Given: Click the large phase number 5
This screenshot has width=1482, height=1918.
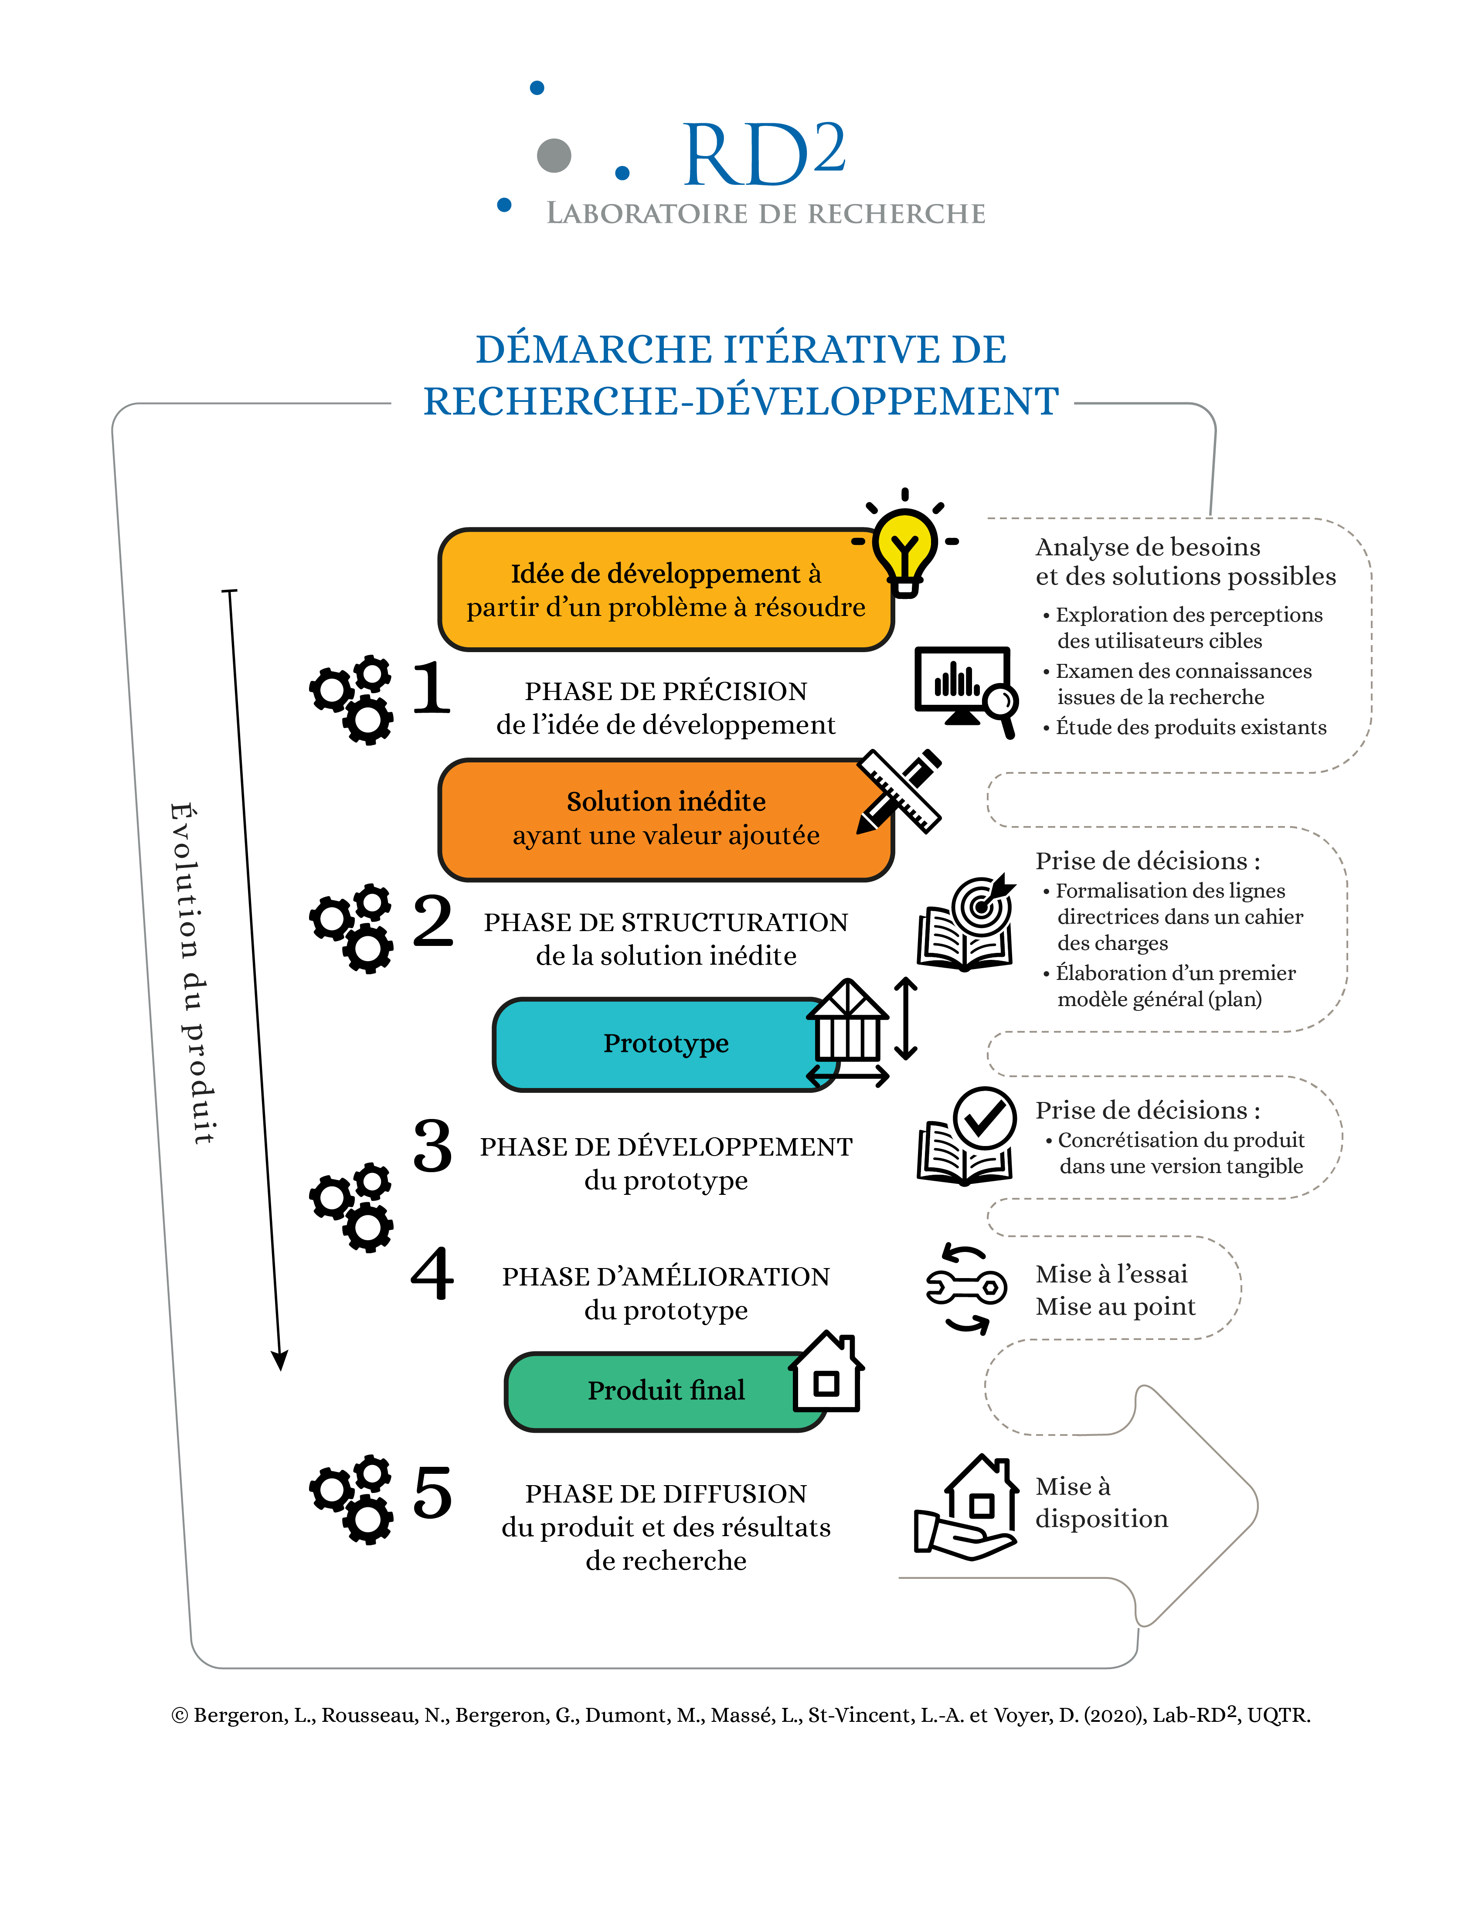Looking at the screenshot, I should pyautogui.click(x=432, y=1493).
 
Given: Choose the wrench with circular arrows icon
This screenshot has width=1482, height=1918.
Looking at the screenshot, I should pyautogui.click(x=966, y=1288).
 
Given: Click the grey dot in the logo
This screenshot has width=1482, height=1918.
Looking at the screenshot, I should pyautogui.click(x=554, y=156).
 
